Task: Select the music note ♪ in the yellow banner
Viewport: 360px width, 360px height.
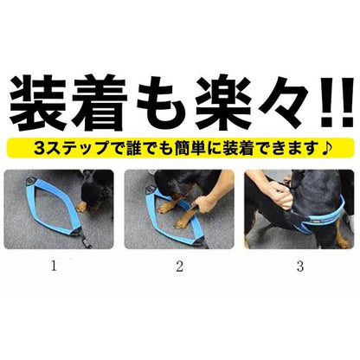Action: [326, 148]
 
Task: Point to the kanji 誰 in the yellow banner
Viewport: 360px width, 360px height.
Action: [133, 148]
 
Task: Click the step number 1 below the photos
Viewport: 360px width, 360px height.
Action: [54, 266]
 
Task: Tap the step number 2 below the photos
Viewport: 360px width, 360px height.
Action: [179, 267]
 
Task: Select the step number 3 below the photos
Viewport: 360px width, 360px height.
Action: [300, 267]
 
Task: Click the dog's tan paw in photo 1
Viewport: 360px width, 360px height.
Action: [81, 207]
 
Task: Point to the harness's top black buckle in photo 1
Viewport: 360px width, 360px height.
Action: [30, 181]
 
